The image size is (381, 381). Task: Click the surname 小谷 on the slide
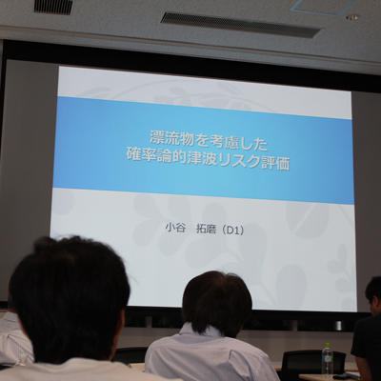point(174,230)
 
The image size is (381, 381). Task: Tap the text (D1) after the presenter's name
point(231,230)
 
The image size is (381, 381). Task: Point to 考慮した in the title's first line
point(239,139)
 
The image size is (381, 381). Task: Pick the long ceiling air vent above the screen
point(241,25)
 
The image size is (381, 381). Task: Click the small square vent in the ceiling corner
point(53,7)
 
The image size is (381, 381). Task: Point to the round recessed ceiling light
point(352,17)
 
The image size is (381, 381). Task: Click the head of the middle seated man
point(217,304)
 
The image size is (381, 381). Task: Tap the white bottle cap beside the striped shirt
point(23,356)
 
